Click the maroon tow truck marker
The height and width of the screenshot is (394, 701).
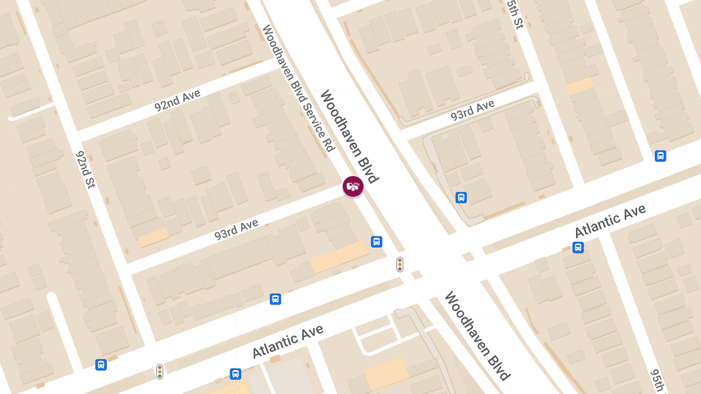click(x=353, y=187)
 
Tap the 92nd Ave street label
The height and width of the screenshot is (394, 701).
click(x=177, y=100)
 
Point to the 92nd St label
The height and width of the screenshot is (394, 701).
click(x=85, y=170)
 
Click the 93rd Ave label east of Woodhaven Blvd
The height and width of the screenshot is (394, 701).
click(x=472, y=111)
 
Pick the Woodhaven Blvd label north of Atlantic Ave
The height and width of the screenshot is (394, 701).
click(x=349, y=136)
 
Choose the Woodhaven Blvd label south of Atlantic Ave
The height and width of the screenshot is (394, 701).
click(x=477, y=336)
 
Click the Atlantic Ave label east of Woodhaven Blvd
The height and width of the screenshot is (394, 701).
click(x=610, y=221)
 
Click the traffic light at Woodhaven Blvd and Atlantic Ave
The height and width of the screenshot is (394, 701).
click(x=400, y=264)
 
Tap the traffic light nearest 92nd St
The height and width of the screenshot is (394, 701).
click(x=159, y=371)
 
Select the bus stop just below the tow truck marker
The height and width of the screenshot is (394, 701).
click(x=377, y=242)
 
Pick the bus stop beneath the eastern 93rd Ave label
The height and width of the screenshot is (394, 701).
click(x=461, y=198)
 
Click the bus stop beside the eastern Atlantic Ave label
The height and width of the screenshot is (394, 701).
click(x=578, y=247)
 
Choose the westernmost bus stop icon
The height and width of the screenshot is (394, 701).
click(x=101, y=365)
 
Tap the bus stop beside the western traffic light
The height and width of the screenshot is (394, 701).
click(x=235, y=374)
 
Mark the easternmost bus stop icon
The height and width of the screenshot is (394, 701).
click(x=660, y=156)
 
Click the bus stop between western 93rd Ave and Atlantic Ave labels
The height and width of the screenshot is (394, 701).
click(x=275, y=299)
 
